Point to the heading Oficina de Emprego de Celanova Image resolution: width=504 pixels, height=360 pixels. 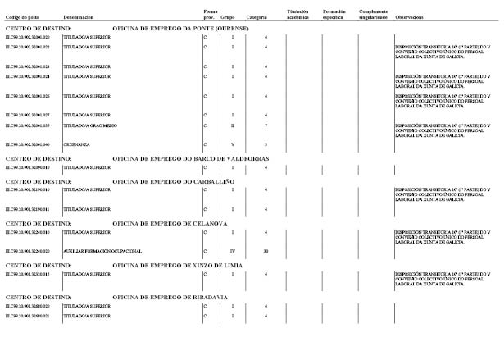(x=170, y=223)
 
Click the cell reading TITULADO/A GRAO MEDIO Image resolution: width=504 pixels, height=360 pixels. (x=89, y=125)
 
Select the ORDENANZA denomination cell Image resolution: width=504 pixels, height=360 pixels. (x=75, y=144)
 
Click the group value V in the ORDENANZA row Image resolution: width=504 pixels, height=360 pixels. (x=233, y=144)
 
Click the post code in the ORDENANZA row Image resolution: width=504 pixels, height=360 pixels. (x=27, y=144)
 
